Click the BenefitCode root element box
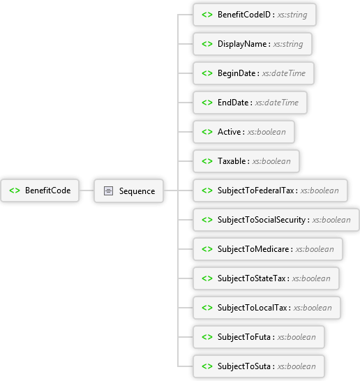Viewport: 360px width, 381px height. pyautogui.click(x=40, y=190)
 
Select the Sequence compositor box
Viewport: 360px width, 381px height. pyautogui.click(x=129, y=191)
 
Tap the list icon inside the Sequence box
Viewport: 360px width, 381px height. pyautogui.click(x=108, y=191)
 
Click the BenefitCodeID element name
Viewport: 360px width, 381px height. pyautogui.click(x=244, y=15)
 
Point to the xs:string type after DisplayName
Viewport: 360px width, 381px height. pyautogui.click(x=288, y=44)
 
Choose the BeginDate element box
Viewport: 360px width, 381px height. pyautogui.click(x=253, y=73)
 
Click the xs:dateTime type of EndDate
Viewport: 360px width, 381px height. pyautogui.click(x=277, y=103)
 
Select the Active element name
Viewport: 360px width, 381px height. pyautogui.click(x=229, y=132)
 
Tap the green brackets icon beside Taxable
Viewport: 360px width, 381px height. pyautogui.click(x=207, y=161)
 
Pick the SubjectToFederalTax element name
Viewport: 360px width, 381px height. pyautogui.click(x=256, y=190)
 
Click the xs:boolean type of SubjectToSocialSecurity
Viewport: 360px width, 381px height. pyautogui.click(x=331, y=220)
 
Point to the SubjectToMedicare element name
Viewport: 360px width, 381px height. pyautogui.click(x=253, y=249)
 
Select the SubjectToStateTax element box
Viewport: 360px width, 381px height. pyautogui.click(x=266, y=278)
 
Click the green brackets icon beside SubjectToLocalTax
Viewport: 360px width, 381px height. pyautogui.click(x=207, y=308)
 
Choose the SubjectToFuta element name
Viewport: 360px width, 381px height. pyautogui.click(x=244, y=337)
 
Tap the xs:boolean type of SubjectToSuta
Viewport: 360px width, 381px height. pyautogui.click(x=297, y=366)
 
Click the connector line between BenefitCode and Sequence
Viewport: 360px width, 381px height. pyautogui.click(x=87, y=190)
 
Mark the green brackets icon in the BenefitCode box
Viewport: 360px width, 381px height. pyautogui.click(x=15, y=190)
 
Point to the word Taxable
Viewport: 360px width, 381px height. pyautogui.click(x=232, y=161)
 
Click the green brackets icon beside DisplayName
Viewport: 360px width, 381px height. pyautogui.click(x=207, y=44)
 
